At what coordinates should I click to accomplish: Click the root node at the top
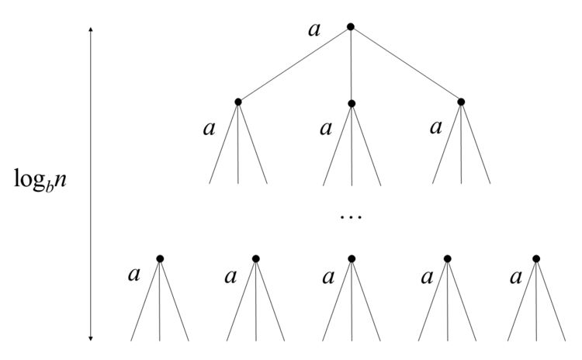(351, 26)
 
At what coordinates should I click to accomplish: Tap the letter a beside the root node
(314, 30)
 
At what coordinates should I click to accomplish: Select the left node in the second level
(238, 102)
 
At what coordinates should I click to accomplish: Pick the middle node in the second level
(352, 103)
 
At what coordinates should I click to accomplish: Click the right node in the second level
(461, 102)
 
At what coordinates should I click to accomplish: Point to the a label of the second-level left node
(209, 129)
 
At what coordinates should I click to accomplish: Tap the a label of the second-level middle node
(326, 129)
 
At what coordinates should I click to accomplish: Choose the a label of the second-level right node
(436, 128)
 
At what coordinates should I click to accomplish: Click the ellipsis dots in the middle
(351, 217)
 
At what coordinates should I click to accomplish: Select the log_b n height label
(40, 180)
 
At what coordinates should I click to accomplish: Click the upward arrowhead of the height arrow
(91, 29)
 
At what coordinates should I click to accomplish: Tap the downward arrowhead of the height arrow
(91, 337)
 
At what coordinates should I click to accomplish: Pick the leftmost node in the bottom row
(160, 258)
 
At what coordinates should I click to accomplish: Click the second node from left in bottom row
(256, 258)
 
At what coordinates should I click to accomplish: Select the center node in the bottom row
(352, 258)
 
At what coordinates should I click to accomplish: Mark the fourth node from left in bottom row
(447, 258)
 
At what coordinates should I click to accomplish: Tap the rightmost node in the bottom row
(536, 258)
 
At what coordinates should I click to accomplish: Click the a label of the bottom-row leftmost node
(134, 275)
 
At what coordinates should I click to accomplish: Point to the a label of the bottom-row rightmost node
(516, 277)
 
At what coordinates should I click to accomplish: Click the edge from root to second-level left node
(294, 64)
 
